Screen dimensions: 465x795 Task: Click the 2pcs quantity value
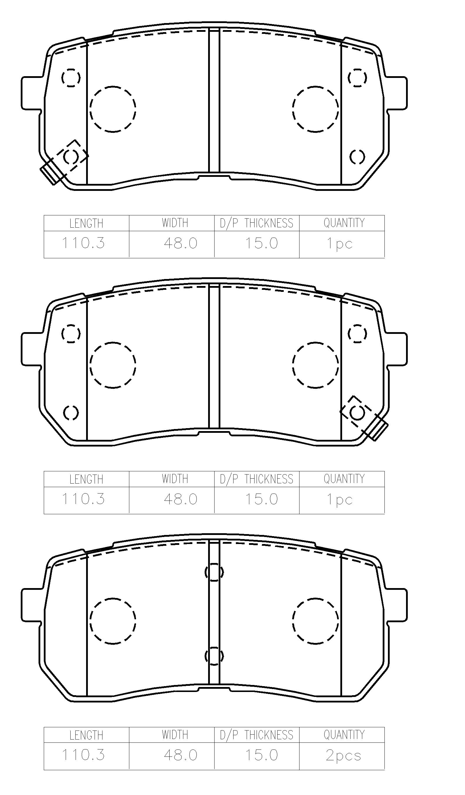pos(343,756)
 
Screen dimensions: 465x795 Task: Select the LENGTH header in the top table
pos(86,224)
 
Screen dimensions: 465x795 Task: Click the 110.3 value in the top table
pos(83,243)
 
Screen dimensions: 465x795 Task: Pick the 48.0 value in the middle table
pos(181,499)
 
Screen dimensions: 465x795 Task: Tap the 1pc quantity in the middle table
pos(339,500)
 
